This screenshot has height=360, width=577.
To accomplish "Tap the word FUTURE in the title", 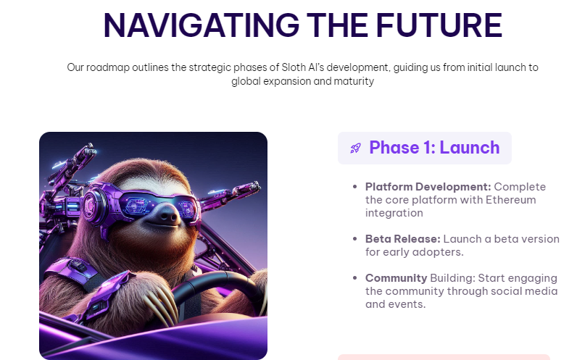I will pos(439,25).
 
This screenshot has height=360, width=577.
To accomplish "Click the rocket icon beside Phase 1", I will pos(355,148).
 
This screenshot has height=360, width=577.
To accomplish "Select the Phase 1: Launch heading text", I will pos(434,148).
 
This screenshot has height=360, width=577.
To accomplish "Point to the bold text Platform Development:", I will pos(428,187).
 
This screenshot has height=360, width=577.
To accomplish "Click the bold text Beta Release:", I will pos(402,239).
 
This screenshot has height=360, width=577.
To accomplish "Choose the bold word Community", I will pos(396,278).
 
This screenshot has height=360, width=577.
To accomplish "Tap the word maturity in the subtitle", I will pos(354,81).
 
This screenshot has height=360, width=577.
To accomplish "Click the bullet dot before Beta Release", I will pos(354,239).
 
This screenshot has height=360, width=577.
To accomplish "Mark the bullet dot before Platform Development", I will pos(354,187).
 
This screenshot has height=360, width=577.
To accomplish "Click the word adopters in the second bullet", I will pos(438,252).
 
